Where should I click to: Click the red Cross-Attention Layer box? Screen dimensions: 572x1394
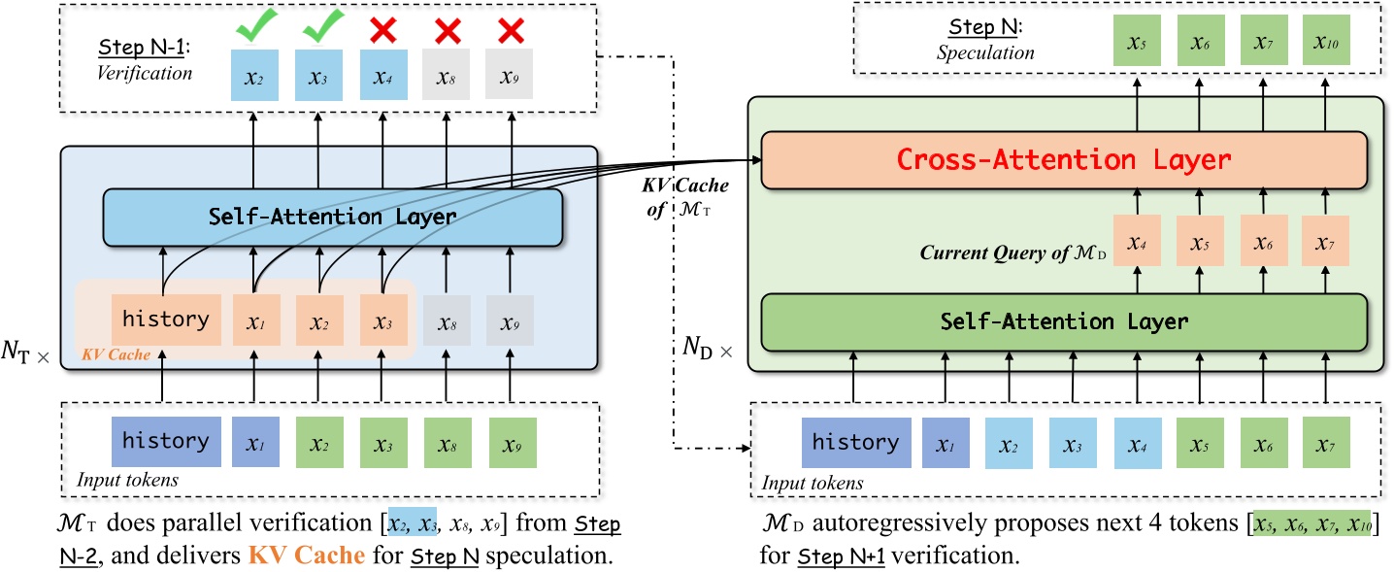(x=1063, y=158)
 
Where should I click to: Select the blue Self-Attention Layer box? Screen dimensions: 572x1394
(x=333, y=217)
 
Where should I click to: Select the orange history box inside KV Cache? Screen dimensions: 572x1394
(x=166, y=320)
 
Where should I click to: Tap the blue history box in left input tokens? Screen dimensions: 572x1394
(x=165, y=440)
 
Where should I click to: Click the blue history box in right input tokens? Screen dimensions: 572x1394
(x=855, y=443)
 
